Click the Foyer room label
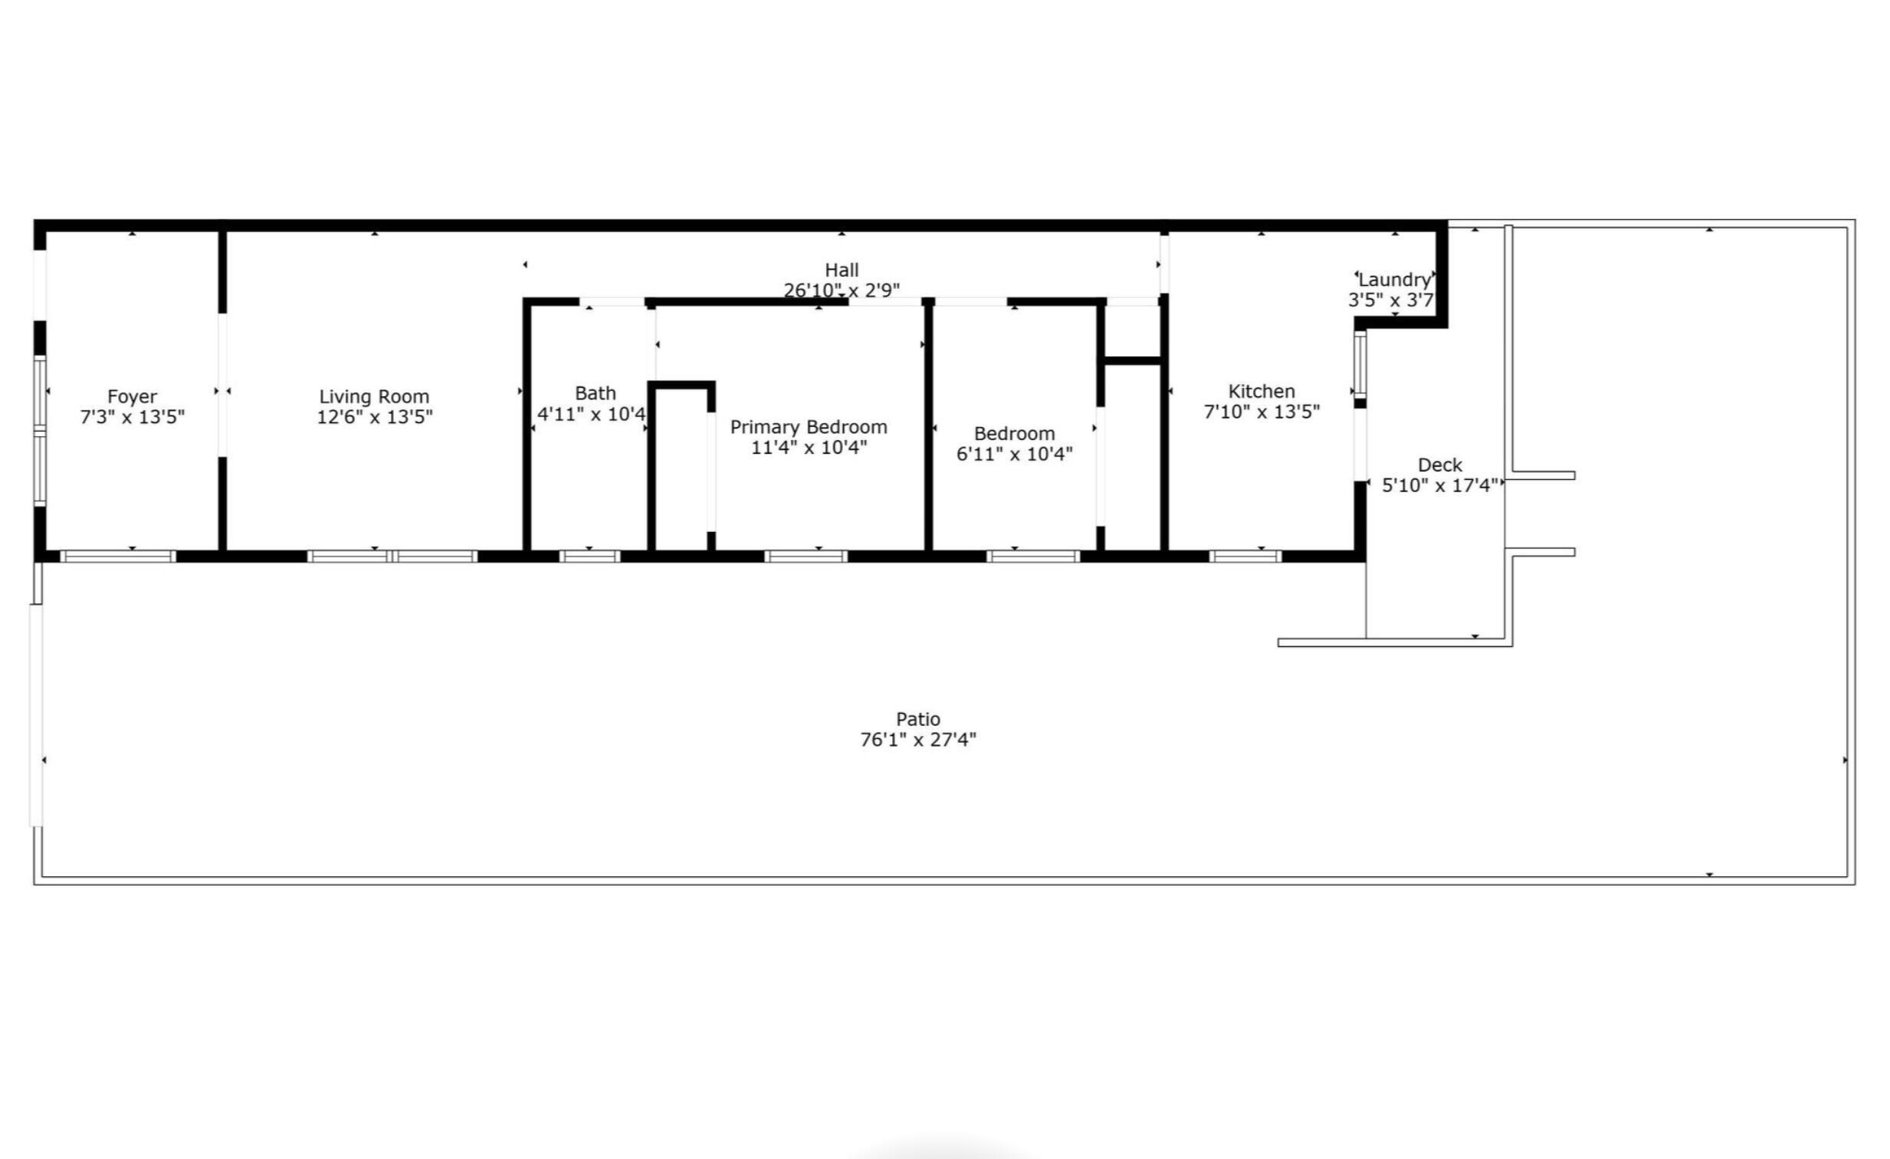[x=132, y=396]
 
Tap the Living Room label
[x=374, y=396]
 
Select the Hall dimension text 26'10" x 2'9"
[x=842, y=290]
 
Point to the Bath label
[x=596, y=393]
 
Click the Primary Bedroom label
[x=809, y=427]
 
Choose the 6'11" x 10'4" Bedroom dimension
[x=1014, y=453]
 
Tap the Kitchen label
[x=1262, y=391]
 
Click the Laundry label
[x=1394, y=280]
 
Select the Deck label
[x=1440, y=465]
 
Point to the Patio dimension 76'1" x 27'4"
[x=918, y=740]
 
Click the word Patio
[x=918, y=720]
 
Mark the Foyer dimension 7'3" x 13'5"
[x=132, y=416]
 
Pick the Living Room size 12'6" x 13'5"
[x=374, y=416]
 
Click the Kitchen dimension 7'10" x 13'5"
[x=1262, y=412]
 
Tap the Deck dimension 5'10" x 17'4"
[x=1440, y=485]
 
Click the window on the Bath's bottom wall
[x=589, y=557]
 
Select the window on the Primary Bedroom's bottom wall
[x=806, y=557]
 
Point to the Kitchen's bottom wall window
[x=1245, y=557]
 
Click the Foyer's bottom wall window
[x=118, y=557]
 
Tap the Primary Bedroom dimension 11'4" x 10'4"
[x=809, y=447]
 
